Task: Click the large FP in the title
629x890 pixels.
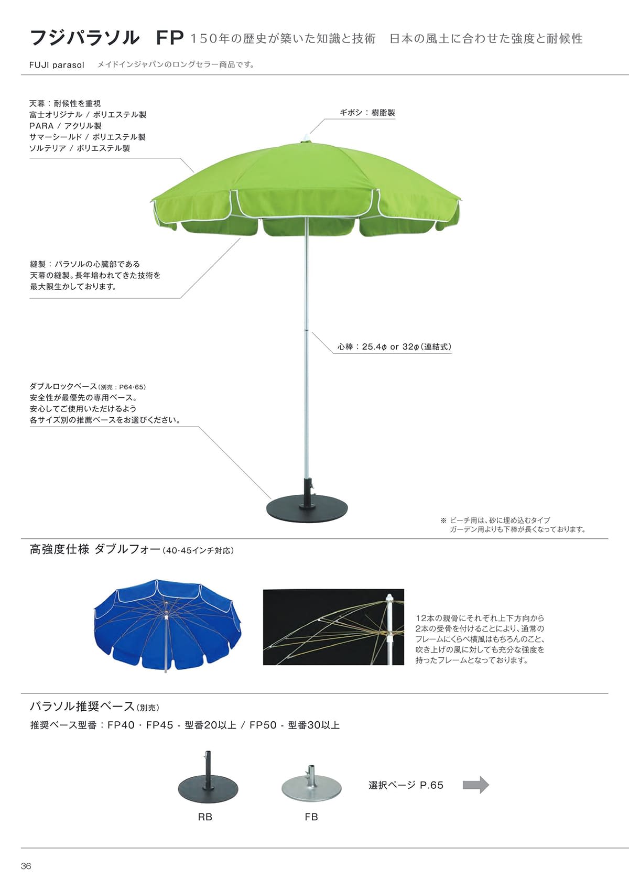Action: coord(170,38)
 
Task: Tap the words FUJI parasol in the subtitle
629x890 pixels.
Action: coord(57,65)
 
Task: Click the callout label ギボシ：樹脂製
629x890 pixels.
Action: coord(367,113)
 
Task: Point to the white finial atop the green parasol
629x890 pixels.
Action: coord(305,137)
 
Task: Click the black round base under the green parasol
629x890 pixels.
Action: coord(307,509)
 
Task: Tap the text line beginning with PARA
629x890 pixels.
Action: coord(65,126)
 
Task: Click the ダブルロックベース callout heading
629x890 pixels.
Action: coord(63,386)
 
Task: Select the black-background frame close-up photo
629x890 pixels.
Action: coord(333,627)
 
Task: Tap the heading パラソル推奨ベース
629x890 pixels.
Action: coord(82,706)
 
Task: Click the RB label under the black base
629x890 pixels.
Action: coord(205,817)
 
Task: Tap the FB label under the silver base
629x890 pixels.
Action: coord(311,817)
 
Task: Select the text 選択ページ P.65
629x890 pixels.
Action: coord(406,785)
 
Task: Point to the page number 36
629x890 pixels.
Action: coord(26,866)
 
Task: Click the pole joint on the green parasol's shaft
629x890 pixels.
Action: coord(306,330)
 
